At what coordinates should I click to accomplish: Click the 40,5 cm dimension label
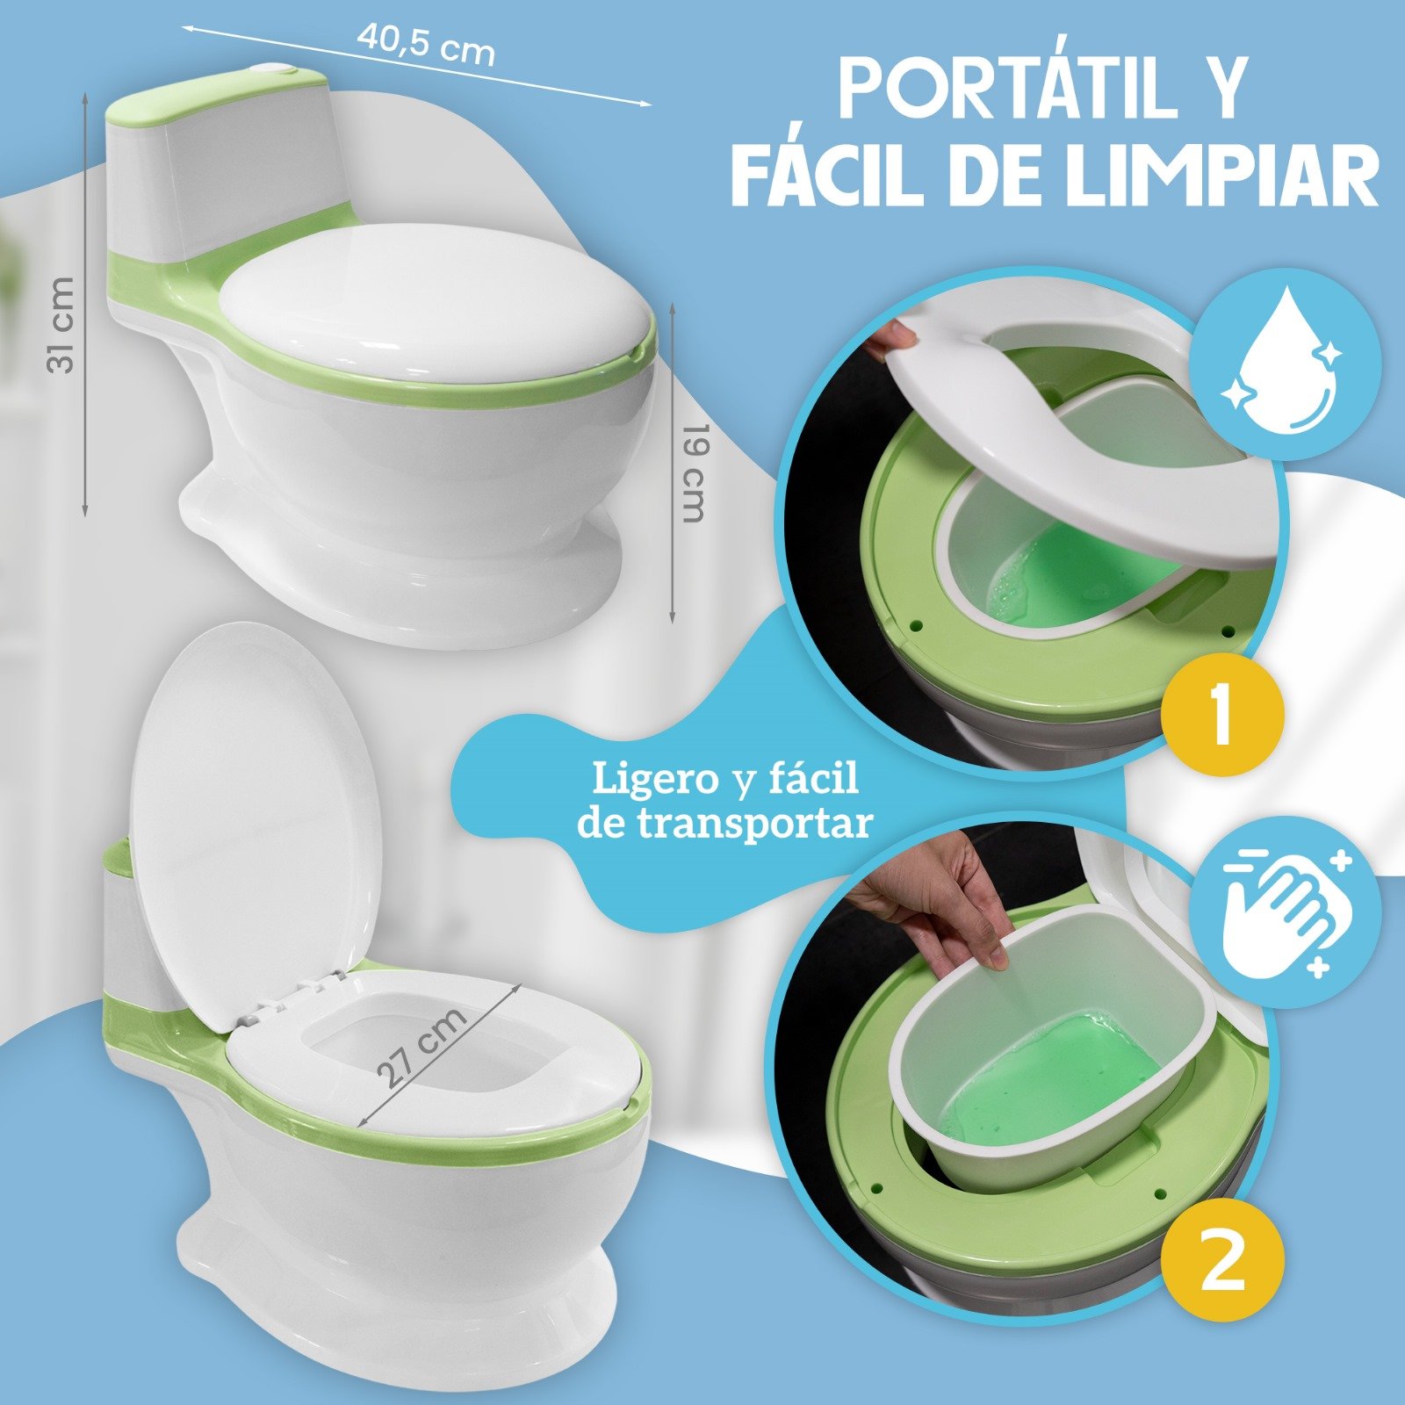426,43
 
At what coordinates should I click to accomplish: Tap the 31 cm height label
61,325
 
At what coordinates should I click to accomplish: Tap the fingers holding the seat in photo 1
890,337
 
